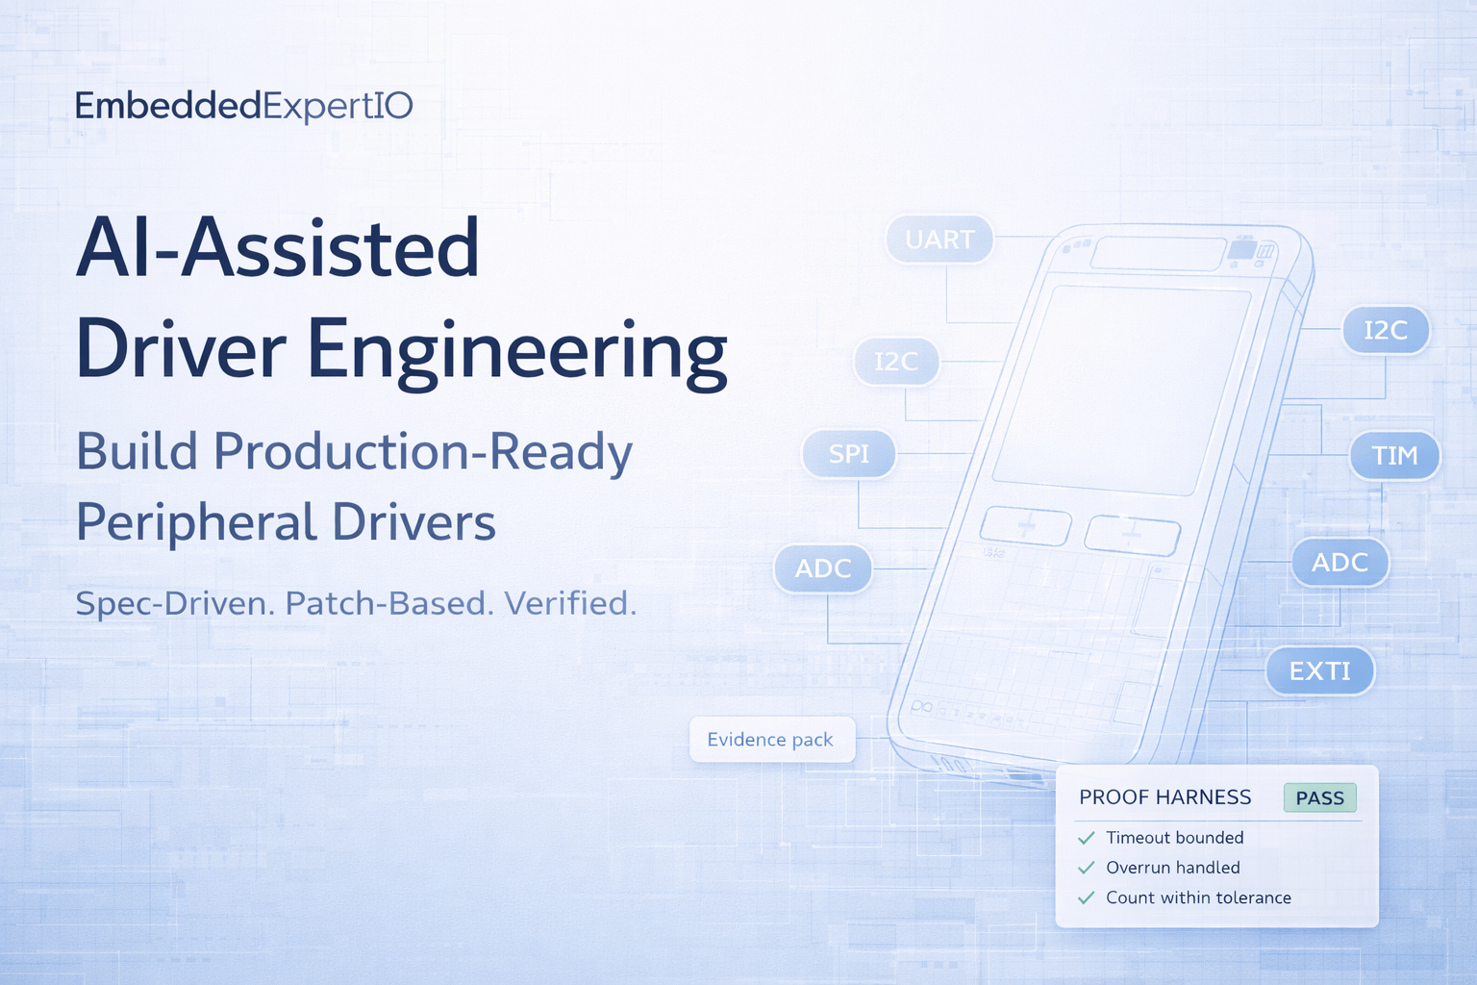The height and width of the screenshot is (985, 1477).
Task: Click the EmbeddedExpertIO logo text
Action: coord(244,107)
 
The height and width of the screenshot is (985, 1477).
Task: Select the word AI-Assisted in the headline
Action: coord(278,247)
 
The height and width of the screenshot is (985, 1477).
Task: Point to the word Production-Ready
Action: coord(423,453)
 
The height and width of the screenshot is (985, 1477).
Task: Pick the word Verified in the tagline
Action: coord(570,604)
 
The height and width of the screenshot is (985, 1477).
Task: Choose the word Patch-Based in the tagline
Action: coord(389,604)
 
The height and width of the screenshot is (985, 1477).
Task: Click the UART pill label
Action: coord(939,240)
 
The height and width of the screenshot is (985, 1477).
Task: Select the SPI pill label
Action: coord(849,454)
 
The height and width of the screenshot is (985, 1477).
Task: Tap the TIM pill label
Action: coord(1394,455)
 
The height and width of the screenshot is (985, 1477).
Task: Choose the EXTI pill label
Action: coord(1320,671)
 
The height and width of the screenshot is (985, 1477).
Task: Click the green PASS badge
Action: coord(1320,798)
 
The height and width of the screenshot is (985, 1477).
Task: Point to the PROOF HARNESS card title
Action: coord(1165,797)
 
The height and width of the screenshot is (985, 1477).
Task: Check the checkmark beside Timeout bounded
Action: coord(1086,839)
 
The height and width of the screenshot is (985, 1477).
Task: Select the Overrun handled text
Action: coord(1173,868)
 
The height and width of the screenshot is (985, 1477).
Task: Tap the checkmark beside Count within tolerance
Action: coord(1086,897)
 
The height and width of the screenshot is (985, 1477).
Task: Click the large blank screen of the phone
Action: coord(1121,391)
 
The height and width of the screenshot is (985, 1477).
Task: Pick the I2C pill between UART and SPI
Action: coord(897,362)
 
